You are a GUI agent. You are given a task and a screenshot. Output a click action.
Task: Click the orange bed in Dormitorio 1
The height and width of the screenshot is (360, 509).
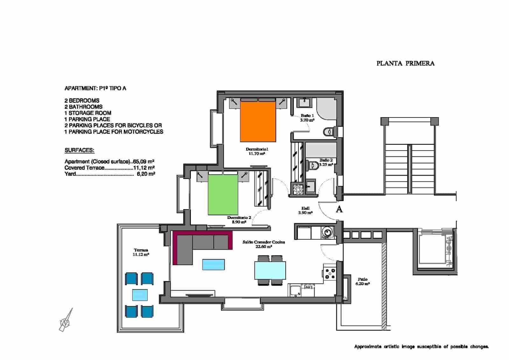[x=258, y=121]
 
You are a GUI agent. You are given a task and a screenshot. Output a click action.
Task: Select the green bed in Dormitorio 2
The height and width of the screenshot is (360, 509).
[x=223, y=195]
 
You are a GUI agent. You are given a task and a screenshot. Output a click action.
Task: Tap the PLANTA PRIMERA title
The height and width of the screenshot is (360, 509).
[x=405, y=63]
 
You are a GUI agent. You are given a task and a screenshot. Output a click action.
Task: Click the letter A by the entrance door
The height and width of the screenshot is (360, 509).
[x=339, y=209]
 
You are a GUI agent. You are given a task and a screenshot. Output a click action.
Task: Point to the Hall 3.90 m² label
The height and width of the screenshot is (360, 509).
[x=305, y=210]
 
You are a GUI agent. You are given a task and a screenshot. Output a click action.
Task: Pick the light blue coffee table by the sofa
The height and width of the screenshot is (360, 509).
[x=213, y=265]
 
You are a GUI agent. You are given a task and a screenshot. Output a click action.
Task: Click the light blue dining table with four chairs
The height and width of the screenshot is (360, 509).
[x=270, y=270]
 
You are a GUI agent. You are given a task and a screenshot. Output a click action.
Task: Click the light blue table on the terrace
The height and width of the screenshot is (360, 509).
[x=140, y=295]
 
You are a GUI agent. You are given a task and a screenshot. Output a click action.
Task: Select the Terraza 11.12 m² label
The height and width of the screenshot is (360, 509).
[x=141, y=252]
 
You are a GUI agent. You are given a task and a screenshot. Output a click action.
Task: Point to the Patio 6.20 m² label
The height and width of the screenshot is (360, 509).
[x=362, y=281]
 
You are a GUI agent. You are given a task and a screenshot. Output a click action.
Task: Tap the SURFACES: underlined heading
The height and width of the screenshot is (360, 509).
[x=80, y=150]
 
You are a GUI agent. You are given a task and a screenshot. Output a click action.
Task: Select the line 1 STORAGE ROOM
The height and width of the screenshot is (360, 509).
[x=88, y=113]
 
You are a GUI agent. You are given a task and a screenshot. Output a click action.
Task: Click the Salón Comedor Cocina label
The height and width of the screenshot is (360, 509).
[x=264, y=244]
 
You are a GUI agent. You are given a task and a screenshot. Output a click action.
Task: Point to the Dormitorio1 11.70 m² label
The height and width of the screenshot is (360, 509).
[x=257, y=151]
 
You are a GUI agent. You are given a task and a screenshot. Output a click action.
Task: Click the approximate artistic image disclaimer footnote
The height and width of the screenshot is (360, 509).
[x=421, y=347]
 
